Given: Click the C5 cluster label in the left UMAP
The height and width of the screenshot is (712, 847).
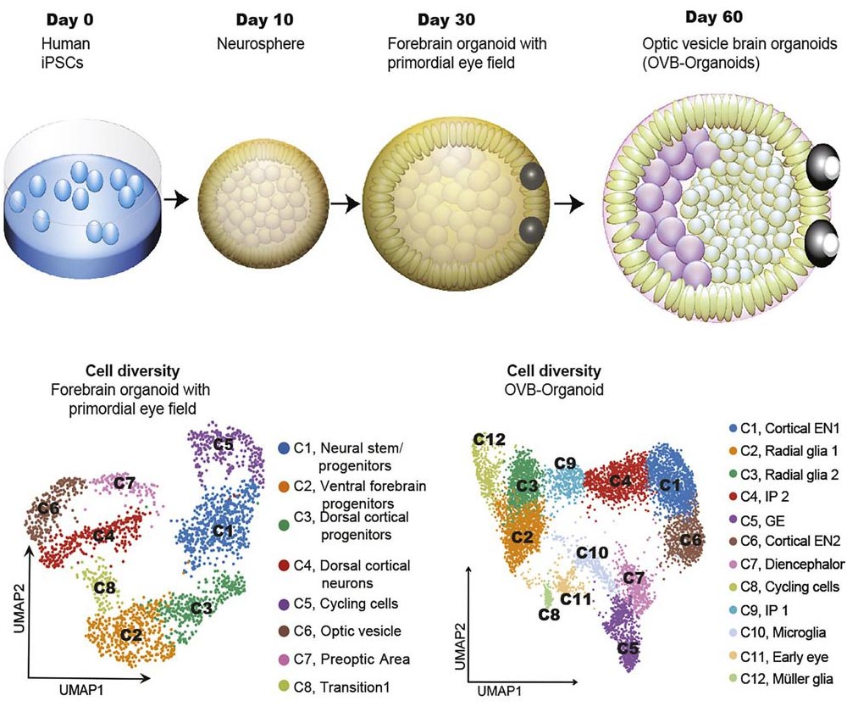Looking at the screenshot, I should click(x=224, y=443).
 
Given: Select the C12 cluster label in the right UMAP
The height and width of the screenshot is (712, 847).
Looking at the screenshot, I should click(x=489, y=438).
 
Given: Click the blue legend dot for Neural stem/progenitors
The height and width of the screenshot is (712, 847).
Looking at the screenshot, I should click(x=285, y=447).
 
